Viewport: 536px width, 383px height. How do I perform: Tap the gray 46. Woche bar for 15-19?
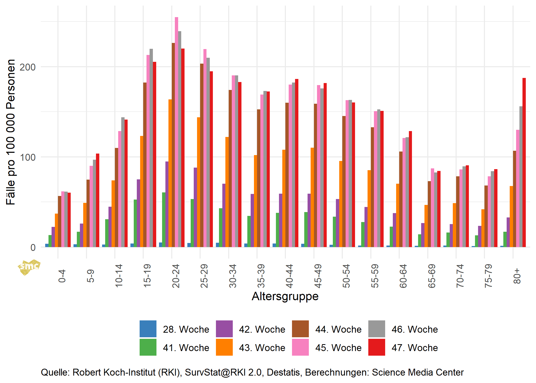pos(151,148)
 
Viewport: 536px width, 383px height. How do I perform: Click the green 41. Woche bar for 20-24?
pos(164,220)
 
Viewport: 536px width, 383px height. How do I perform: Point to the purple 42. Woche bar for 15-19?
pos(138,213)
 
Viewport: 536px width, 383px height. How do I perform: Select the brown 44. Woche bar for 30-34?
pos(230,168)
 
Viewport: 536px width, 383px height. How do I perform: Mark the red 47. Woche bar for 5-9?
pos(98,200)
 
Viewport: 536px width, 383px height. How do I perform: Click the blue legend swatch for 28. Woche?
pos(148,329)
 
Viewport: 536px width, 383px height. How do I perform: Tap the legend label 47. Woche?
pos(415,348)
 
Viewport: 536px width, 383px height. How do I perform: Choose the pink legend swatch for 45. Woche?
pos(300,347)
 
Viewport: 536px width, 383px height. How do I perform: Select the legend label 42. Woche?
pos(262,329)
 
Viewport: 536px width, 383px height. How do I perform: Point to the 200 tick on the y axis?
pos(28,67)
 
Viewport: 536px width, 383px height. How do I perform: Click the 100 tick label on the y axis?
pos(28,157)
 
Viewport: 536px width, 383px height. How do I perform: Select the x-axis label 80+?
pos(517,276)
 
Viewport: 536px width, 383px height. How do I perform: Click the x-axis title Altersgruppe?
pos(285,296)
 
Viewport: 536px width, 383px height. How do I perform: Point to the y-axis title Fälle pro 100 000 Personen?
pos(11,132)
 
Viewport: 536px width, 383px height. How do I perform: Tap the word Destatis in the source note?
pos(283,372)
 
